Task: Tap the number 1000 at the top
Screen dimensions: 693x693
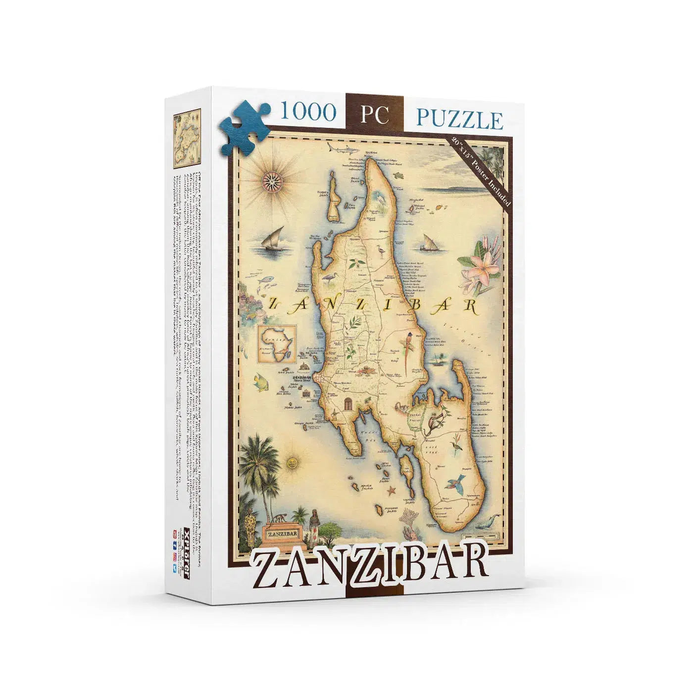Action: [307, 112]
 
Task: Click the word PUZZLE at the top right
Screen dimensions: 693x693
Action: [460, 119]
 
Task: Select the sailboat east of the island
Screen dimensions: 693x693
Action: [430, 243]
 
